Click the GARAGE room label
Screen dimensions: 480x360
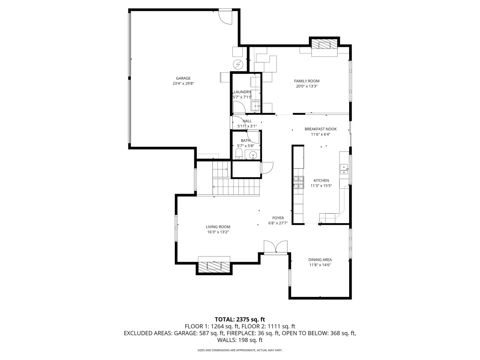click(x=183, y=78)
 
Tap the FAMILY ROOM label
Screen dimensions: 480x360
click(x=306, y=81)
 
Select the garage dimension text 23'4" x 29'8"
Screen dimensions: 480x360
click(x=183, y=84)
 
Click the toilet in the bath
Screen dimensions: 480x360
click(x=239, y=154)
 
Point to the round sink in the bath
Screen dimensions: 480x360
click(x=253, y=155)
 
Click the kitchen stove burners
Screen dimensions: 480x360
click(x=298, y=182)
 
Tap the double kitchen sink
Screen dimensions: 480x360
click(x=344, y=169)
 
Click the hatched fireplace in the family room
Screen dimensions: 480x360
click(x=324, y=44)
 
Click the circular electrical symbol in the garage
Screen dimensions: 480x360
click(x=238, y=65)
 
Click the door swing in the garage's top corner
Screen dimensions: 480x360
click(x=226, y=17)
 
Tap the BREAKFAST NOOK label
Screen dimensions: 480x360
click(x=320, y=129)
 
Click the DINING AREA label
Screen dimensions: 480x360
click(x=320, y=260)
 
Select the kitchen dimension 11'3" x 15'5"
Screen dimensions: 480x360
click(x=321, y=186)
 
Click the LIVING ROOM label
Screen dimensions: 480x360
click(x=218, y=227)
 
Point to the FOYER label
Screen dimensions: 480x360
click(x=278, y=218)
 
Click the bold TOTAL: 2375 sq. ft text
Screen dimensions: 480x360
click(x=240, y=319)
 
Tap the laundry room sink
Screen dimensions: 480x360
click(x=256, y=106)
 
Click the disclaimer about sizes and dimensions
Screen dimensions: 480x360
click(x=240, y=350)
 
